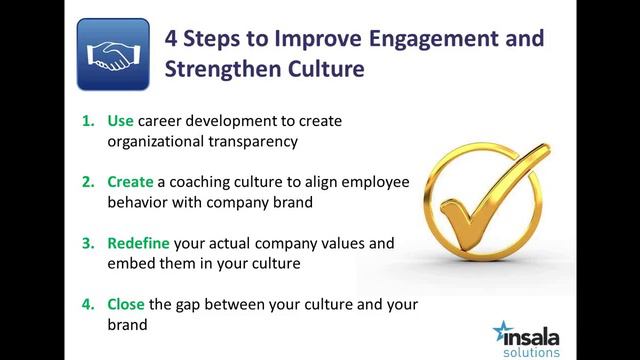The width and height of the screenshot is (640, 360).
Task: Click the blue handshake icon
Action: point(112,54)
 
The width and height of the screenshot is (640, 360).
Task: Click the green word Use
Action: point(120,121)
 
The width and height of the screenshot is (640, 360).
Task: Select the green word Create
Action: point(130,182)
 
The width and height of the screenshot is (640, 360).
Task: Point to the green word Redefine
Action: point(139,243)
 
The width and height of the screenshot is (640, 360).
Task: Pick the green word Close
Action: point(127,304)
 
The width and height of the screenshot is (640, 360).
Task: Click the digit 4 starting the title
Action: point(171,39)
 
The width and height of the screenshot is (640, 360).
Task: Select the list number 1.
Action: point(86,121)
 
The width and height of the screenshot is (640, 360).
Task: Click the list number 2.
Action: point(86,182)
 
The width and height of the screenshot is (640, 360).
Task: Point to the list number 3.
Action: point(86,243)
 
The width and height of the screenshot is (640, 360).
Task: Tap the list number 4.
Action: point(86,304)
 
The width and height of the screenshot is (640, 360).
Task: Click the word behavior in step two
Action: point(139,202)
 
